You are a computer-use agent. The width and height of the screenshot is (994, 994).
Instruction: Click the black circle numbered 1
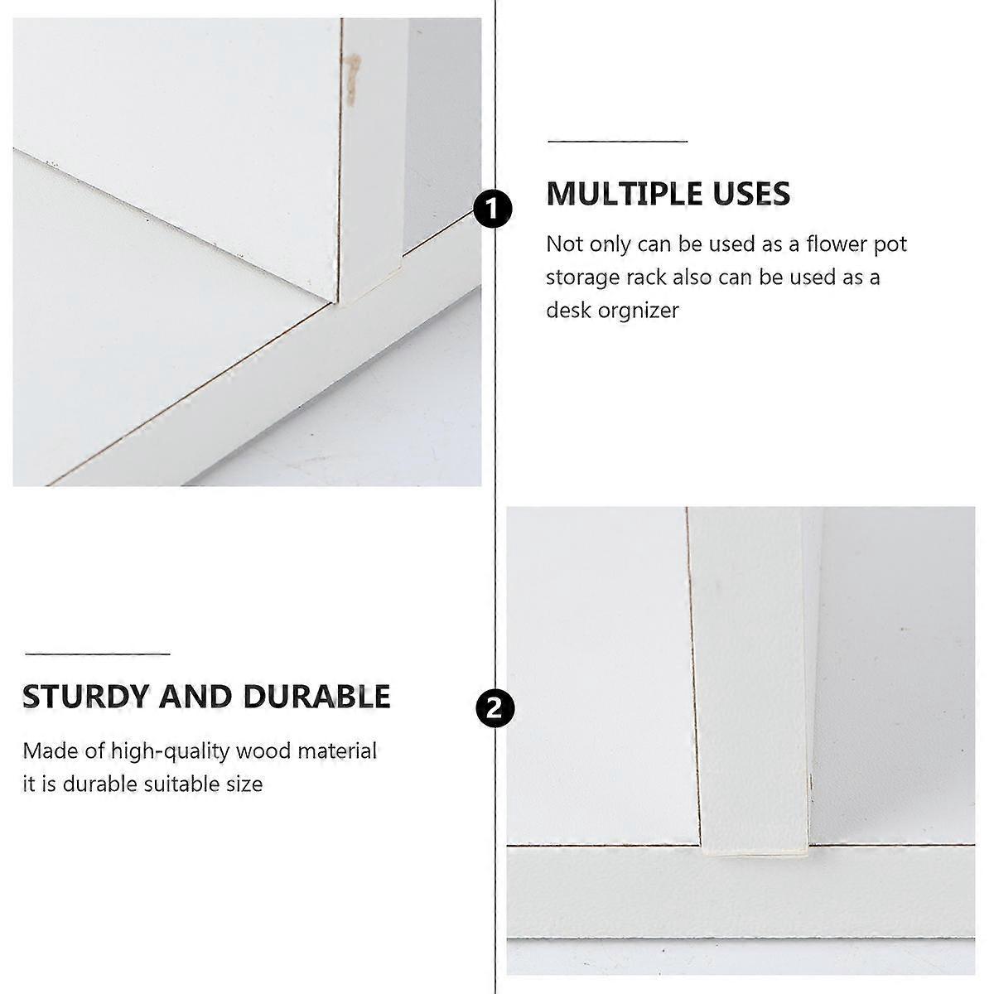pyautogui.click(x=493, y=209)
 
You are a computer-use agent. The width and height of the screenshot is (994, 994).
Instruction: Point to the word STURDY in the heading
pyautogui.click(x=85, y=697)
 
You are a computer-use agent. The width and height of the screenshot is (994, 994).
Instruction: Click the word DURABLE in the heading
pyautogui.click(x=316, y=697)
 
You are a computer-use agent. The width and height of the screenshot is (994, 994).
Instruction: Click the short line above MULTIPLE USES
pyautogui.click(x=617, y=141)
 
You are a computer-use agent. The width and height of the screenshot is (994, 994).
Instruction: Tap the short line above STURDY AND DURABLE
pyautogui.click(x=98, y=654)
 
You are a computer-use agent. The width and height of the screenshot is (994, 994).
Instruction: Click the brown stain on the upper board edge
pyautogui.click(x=353, y=80)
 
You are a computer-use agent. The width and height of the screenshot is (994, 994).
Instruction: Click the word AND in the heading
pyautogui.click(x=195, y=697)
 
